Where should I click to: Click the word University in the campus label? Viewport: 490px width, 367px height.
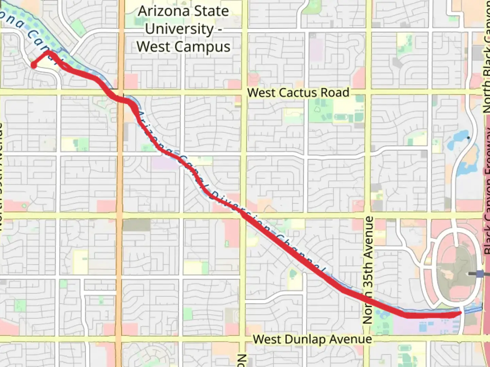click(x=179, y=29)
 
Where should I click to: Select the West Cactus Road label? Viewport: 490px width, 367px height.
click(x=298, y=93)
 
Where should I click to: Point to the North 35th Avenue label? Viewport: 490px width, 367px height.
click(x=368, y=270)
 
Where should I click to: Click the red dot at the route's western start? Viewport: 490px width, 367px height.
click(x=34, y=65)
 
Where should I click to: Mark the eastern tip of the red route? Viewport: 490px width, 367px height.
click(x=460, y=313)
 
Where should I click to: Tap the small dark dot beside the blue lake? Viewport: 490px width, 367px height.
click(x=469, y=138)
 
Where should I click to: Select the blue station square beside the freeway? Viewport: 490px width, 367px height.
click(x=480, y=274)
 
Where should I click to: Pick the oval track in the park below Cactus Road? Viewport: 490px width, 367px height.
click(x=344, y=117)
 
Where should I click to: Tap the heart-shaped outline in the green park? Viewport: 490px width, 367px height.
click(x=317, y=109)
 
